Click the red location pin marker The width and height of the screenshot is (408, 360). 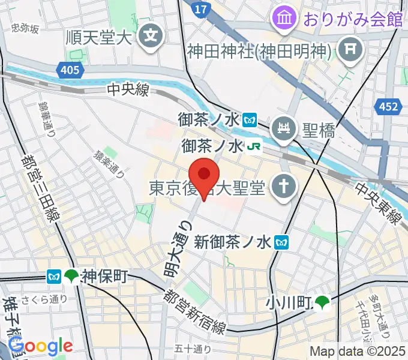pyautogui.click(x=205, y=176)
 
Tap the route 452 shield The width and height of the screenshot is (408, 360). pyautogui.click(x=388, y=107)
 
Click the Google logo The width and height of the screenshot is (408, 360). pyautogui.click(x=41, y=346)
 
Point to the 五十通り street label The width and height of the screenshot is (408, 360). pyautogui.click(x=193, y=349)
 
